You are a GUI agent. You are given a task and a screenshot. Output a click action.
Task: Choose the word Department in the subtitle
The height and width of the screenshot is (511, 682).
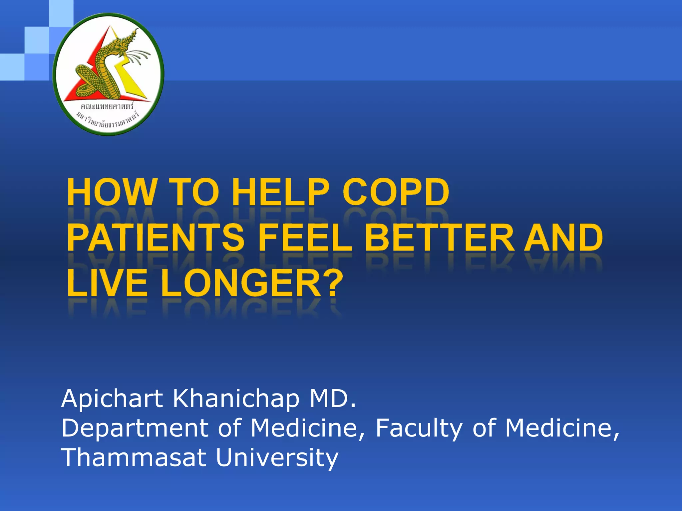[135, 428]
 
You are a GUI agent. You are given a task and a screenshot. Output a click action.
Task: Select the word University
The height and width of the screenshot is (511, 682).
[277, 458]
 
